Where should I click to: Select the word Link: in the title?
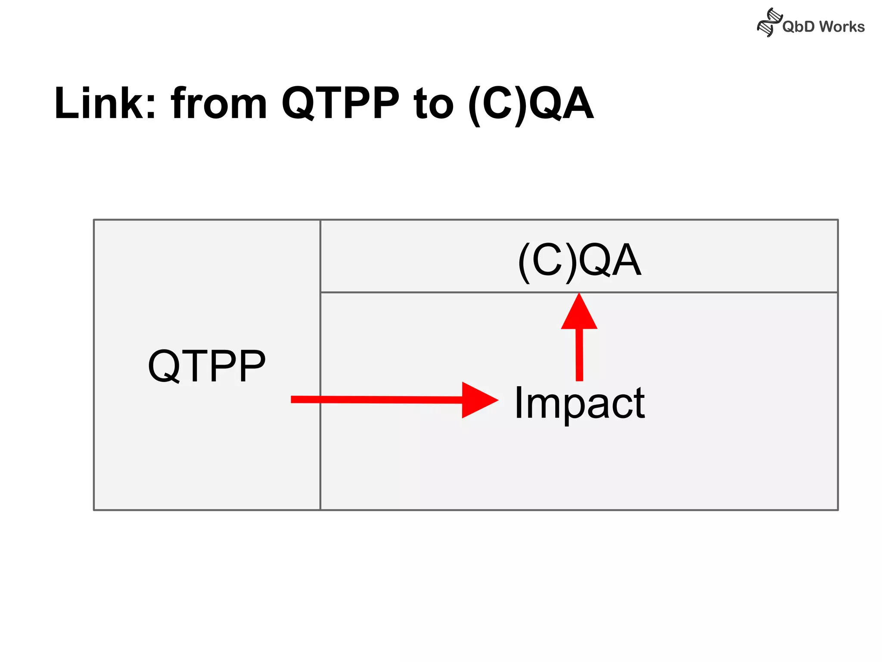point(105,103)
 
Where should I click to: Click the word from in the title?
point(219,103)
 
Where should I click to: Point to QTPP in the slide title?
point(341,103)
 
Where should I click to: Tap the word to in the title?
point(433,103)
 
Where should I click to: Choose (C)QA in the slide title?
point(531,103)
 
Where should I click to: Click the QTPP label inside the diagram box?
point(207,366)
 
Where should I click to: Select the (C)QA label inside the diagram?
point(579,260)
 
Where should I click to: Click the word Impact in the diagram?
point(579,403)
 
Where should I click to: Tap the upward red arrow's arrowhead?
point(579,312)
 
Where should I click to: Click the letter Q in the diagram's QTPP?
point(164,366)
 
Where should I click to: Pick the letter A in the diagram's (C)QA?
point(625,260)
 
